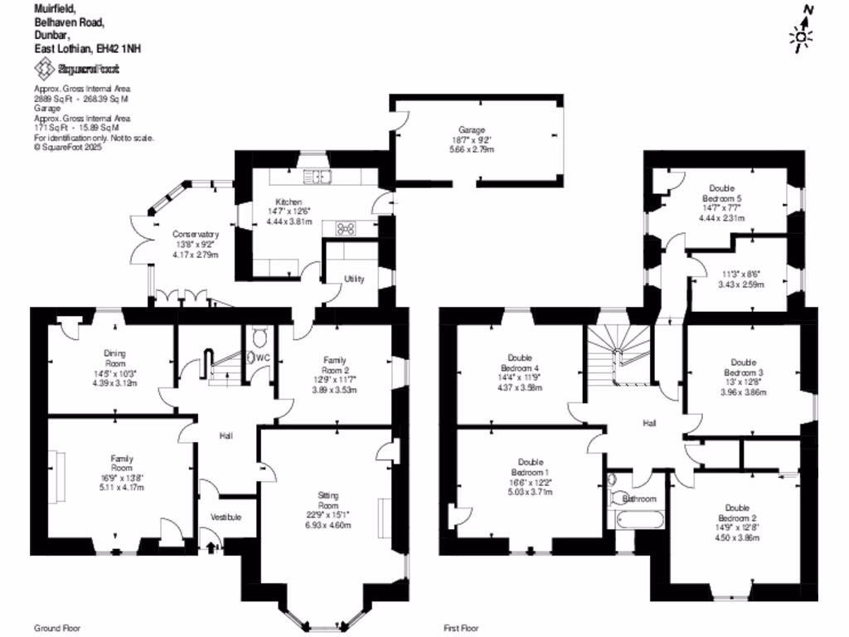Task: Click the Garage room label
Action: [x=477, y=129]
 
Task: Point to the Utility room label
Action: [x=354, y=279]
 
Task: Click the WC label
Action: [x=264, y=357]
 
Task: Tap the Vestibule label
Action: [x=226, y=518]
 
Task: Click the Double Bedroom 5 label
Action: [x=721, y=193]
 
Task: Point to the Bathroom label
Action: [x=639, y=498]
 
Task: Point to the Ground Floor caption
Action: [x=57, y=628]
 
